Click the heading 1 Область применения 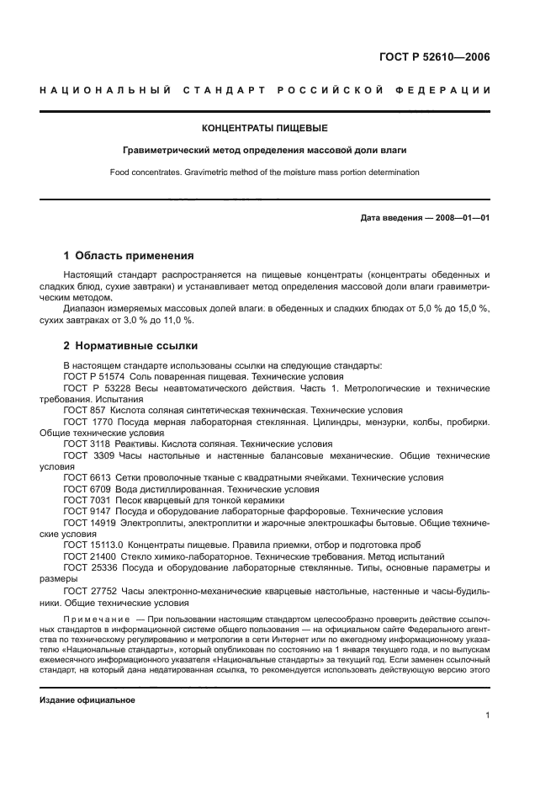tap(129, 256)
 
